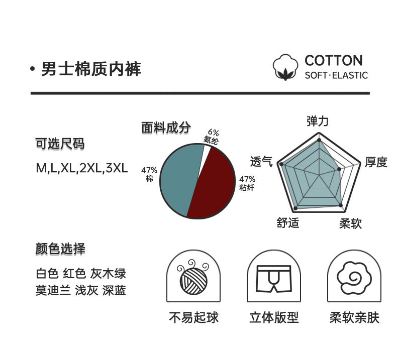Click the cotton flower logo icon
[286, 68]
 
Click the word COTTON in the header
[333, 61]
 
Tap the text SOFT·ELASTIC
[336, 76]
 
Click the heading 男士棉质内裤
[91, 69]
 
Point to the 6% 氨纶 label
[212, 137]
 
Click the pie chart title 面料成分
[166, 128]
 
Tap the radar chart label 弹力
[317, 121]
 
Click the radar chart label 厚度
[376, 162]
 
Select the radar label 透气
[261, 162]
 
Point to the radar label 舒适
[288, 222]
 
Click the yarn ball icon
[193, 278]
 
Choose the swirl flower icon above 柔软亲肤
[354, 278]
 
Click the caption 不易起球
[193, 318]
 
